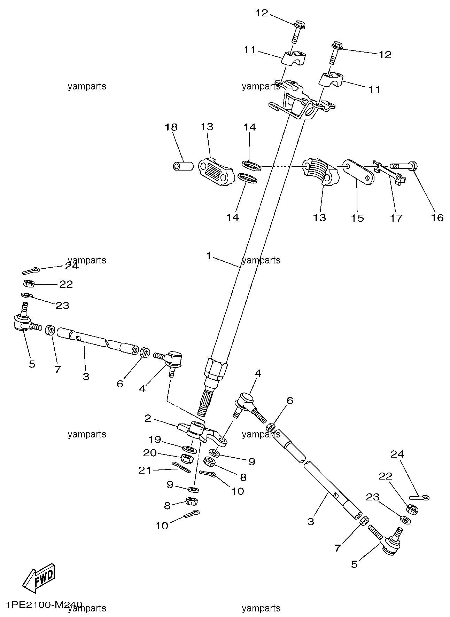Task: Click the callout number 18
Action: (171, 127)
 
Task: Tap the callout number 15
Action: (357, 218)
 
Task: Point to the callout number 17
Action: (396, 218)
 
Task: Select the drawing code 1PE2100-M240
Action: (44, 604)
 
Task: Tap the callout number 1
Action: (208, 256)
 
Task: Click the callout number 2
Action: (148, 418)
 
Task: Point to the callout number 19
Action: (155, 440)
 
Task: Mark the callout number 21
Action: (145, 470)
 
